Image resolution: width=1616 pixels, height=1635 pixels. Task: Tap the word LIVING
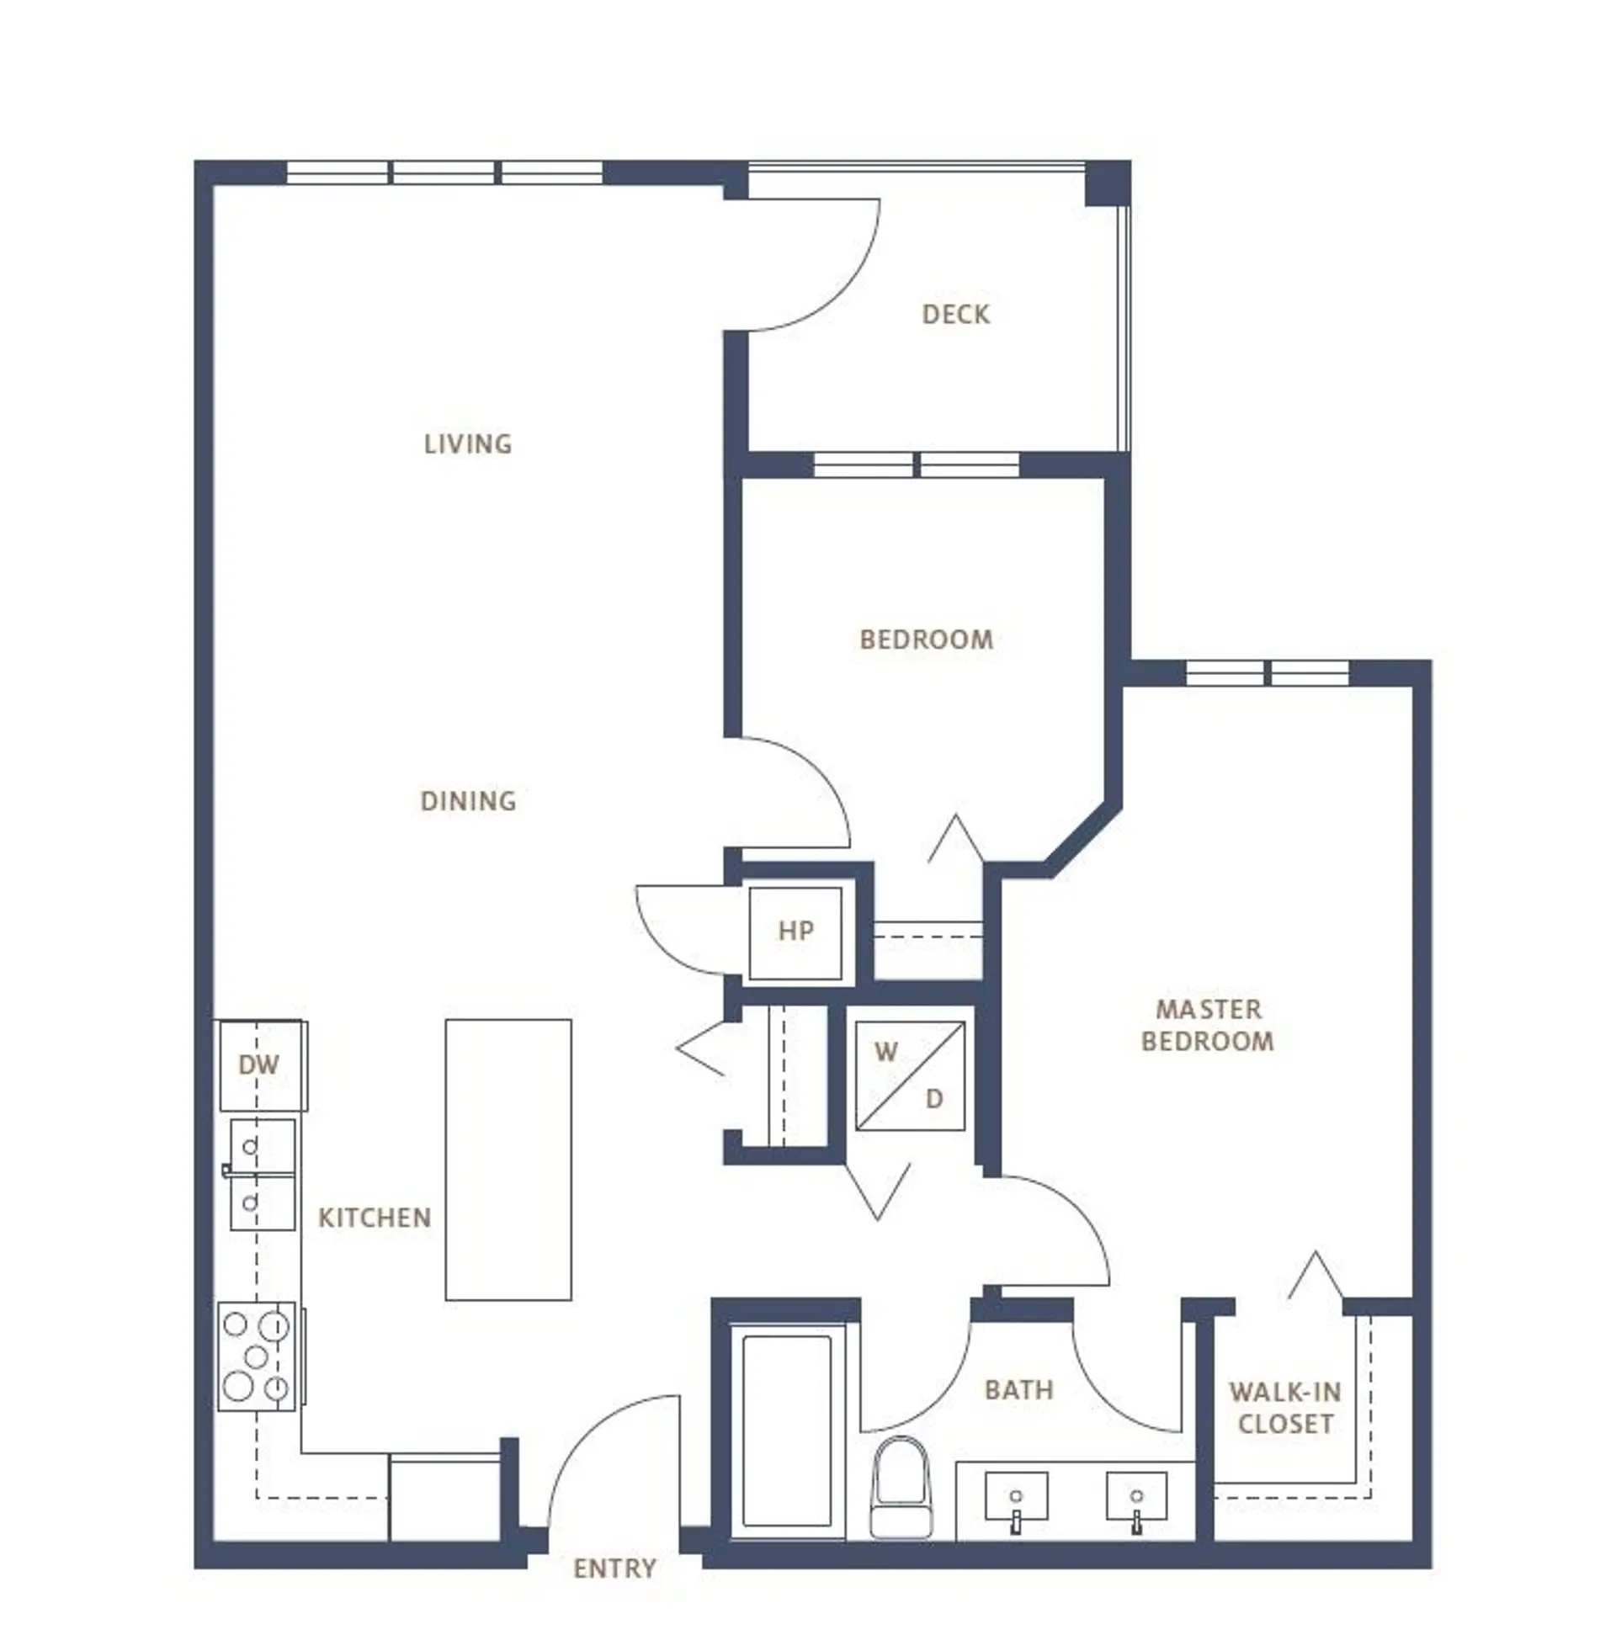pos(467,444)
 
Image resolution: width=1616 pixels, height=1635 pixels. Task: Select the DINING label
pos(467,800)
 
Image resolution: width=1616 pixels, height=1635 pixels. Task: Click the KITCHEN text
pos(375,1218)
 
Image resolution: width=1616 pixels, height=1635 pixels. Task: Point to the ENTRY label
pos(614,1569)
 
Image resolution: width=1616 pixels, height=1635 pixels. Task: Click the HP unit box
pos(795,932)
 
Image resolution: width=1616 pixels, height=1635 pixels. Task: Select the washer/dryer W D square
pos(909,1075)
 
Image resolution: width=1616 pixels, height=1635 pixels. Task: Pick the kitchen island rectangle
pos(508,1160)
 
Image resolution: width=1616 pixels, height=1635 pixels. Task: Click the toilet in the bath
pos(901,1485)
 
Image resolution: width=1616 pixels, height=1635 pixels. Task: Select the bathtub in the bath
pos(786,1431)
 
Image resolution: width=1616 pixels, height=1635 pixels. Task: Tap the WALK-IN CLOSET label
pos(1284,1407)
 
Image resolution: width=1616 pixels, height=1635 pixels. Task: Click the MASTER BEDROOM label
pos(1207,1025)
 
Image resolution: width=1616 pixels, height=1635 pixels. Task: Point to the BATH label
pos(1018,1389)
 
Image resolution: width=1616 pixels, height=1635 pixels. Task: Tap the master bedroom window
pos(1267,675)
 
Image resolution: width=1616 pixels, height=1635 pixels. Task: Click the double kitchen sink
pos(263,1175)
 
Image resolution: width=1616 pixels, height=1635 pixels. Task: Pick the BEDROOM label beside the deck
pos(926,640)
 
